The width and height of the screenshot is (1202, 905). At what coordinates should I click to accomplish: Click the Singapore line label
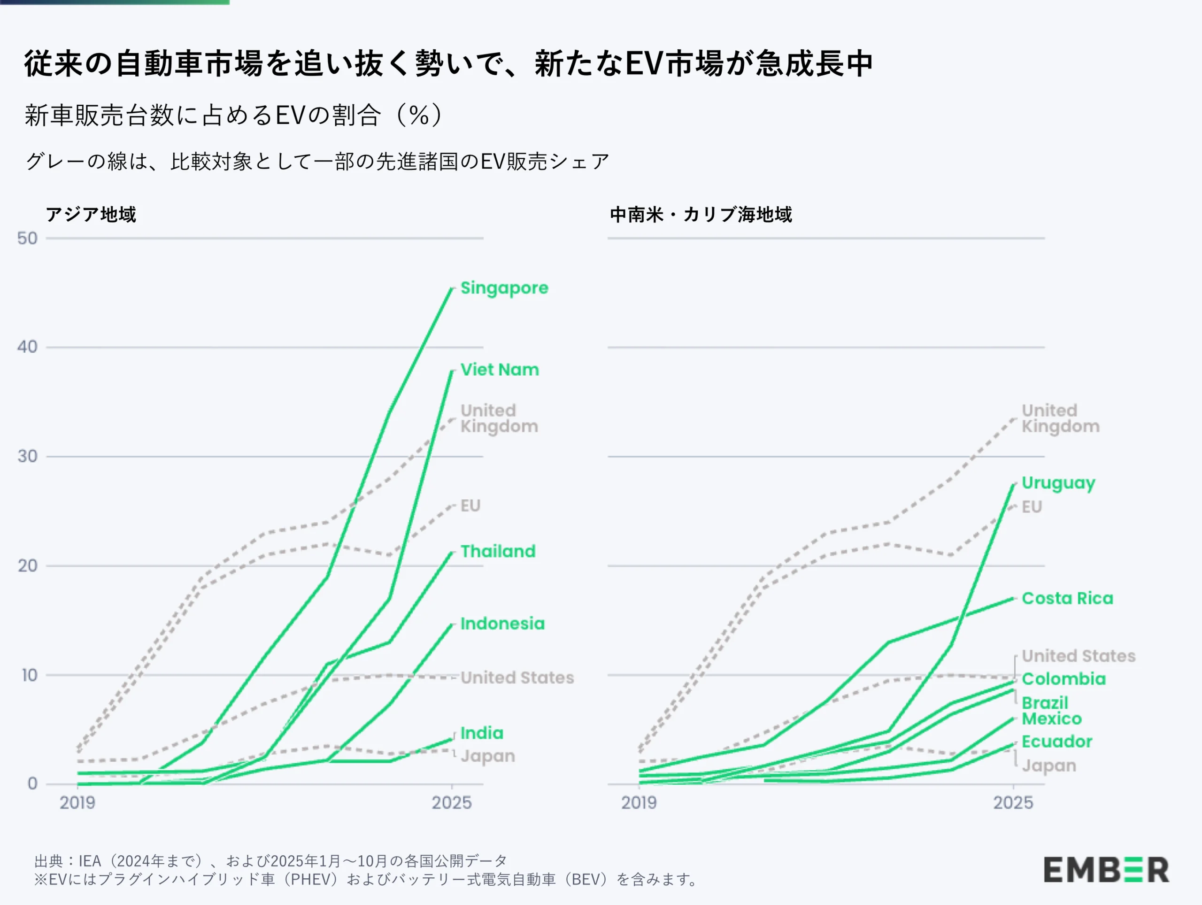[x=504, y=287]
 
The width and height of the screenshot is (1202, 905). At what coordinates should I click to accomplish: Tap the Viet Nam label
[x=500, y=370]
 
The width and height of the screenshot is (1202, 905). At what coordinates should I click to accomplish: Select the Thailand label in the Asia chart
[x=498, y=551]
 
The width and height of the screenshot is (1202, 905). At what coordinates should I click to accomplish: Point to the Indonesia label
[x=502, y=623]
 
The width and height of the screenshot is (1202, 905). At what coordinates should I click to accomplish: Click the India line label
[x=481, y=733]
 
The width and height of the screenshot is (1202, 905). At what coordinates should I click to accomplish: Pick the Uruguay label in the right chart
[x=1058, y=483]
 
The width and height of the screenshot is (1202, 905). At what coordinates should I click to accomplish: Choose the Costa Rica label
[x=1067, y=598]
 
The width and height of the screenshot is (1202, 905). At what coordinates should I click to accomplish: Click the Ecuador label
[x=1056, y=742]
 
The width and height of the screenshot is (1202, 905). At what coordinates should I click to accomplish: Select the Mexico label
[x=1051, y=719]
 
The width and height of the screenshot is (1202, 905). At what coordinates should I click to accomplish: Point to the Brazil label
[x=1044, y=702]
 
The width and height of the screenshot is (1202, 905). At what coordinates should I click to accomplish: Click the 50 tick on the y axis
[x=27, y=238]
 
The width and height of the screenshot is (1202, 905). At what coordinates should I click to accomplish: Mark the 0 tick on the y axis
[x=32, y=783]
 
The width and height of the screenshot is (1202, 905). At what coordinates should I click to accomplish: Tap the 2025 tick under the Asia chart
[x=452, y=803]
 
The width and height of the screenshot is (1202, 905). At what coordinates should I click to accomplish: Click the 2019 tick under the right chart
[x=639, y=803]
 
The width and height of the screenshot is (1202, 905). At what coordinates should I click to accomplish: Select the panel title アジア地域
[x=91, y=214]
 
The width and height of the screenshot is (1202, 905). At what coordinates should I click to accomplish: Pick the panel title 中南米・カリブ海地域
[x=701, y=214]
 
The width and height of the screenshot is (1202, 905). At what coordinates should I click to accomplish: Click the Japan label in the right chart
[x=1049, y=766]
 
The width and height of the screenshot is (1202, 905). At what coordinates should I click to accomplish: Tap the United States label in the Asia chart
[x=517, y=677]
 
